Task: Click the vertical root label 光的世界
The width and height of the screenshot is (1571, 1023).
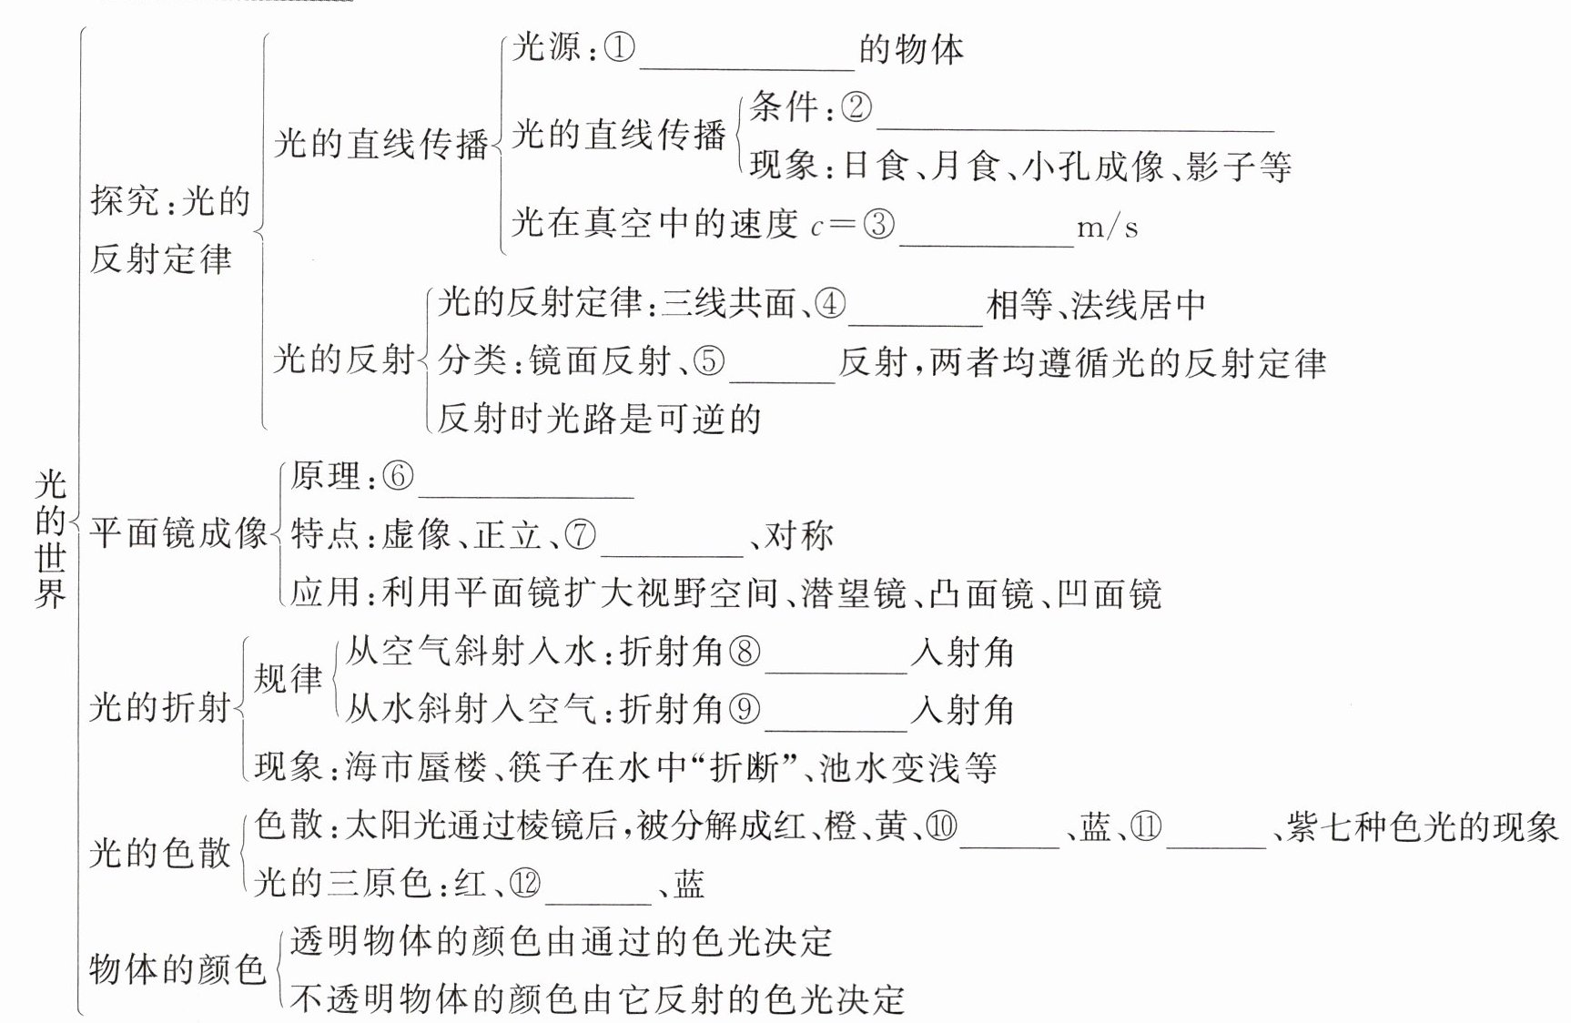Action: click(x=51, y=539)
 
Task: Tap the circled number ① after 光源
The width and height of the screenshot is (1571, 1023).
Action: click(x=619, y=47)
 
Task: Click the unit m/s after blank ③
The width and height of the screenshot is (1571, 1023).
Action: click(x=1107, y=227)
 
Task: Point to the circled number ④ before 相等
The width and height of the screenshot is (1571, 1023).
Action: click(x=830, y=304)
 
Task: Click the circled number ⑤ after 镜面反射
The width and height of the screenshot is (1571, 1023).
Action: click(x=710, y=362)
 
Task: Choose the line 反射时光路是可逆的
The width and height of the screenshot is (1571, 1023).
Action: click(x=598, y=419)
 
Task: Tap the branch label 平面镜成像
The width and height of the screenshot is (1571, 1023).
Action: click(x=178, y=533)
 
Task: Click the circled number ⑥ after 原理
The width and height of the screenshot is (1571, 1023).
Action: click(x=398, y=476)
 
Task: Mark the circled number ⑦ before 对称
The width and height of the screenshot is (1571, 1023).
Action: click(x=581, y=534)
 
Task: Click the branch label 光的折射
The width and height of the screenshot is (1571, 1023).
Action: click(x=160, y=707)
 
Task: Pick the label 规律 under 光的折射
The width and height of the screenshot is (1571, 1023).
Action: click(x=288, y=679)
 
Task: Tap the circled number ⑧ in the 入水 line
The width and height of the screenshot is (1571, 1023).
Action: click(x=744, y=652)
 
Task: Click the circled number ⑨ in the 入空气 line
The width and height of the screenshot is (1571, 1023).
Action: click(x=744, y=709)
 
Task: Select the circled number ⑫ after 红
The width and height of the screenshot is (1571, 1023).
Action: click(x=525, y=884)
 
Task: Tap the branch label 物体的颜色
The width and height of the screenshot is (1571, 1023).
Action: click(x=177, y=969)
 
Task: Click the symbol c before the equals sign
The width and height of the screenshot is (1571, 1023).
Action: click(x=816, y=227)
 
